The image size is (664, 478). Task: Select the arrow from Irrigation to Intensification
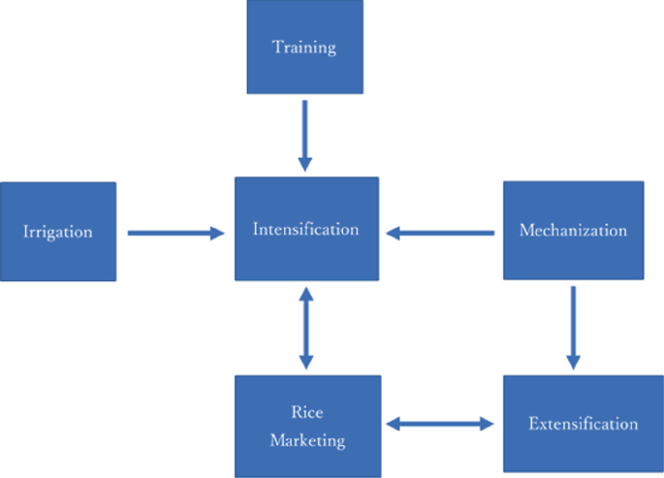[175, 232]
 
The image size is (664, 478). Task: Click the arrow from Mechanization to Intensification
[440, 232]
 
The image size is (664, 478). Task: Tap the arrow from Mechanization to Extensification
[573, 327]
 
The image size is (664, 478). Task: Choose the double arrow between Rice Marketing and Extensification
[440, 424]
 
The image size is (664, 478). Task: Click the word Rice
[306, 412]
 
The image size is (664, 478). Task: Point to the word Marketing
[307, 440]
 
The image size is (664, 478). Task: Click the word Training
[304, 47]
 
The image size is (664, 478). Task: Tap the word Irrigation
[58, 232]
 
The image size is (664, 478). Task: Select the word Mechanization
[573, 231]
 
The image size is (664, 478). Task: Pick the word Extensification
[583, 424]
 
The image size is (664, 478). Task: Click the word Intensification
[306, 230]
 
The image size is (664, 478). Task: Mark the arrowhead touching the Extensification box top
[573, 361]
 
